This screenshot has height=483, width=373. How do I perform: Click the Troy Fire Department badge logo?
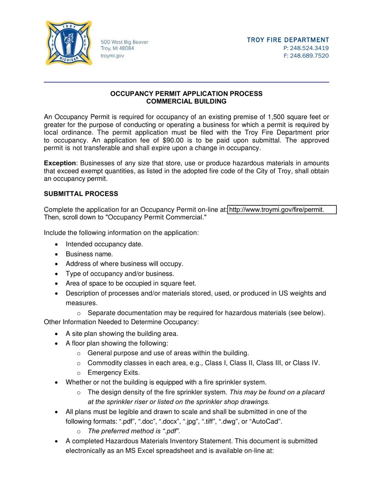tap(69, 43)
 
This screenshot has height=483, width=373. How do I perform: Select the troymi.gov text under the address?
tap(112, 56)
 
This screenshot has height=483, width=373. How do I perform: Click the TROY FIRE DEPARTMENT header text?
tap(288, 40)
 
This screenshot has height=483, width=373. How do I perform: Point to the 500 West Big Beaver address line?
tap(124, 42)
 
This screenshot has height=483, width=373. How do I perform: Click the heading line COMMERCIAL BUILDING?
tap(186, 101)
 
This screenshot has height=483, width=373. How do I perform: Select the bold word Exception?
tap(60, 163)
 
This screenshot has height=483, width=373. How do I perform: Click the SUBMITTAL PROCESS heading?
tap(81, 194)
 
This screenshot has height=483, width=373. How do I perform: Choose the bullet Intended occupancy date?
tap(104, 244)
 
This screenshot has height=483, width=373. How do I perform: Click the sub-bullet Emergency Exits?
tap(113, 373)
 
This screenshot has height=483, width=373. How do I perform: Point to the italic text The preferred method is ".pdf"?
tap(134, 431)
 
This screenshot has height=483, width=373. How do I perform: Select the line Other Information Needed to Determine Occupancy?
tap(121, 322)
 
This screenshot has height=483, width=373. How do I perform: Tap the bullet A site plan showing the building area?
tap(122, 334)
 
